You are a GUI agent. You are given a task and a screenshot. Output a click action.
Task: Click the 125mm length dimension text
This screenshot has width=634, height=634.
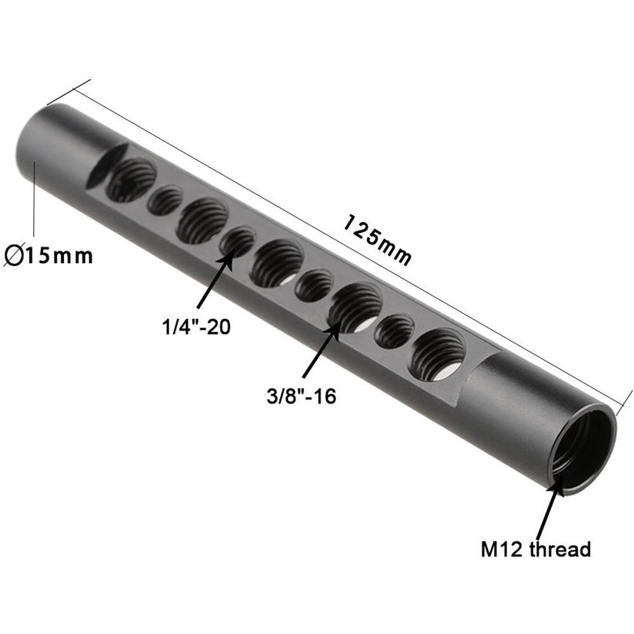pyautogui.click(x=378, y=240)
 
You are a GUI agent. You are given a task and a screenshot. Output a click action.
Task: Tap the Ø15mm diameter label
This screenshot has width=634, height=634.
pyautogui.click(x=49, y=256)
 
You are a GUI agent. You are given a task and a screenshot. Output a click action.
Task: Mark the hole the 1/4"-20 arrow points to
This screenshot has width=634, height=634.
pyautogui.click(x=237, y=242)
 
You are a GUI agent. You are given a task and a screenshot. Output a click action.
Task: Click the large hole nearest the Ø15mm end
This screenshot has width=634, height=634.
pyautogui.click(x=131, y=181)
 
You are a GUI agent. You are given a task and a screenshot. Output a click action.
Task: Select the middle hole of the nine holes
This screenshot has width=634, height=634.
pyautogui.click(x=276, y=263)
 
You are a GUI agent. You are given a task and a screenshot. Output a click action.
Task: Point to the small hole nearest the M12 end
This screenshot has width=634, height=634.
pyautogui.click(x=394, y=332)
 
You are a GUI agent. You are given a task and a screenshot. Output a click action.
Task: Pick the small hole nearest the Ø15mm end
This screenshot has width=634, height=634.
pyautogui.click(x=165, y=201)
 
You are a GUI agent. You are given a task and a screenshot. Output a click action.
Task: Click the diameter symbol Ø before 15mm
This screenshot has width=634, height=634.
pyautogui.click(x=14, y=256)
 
